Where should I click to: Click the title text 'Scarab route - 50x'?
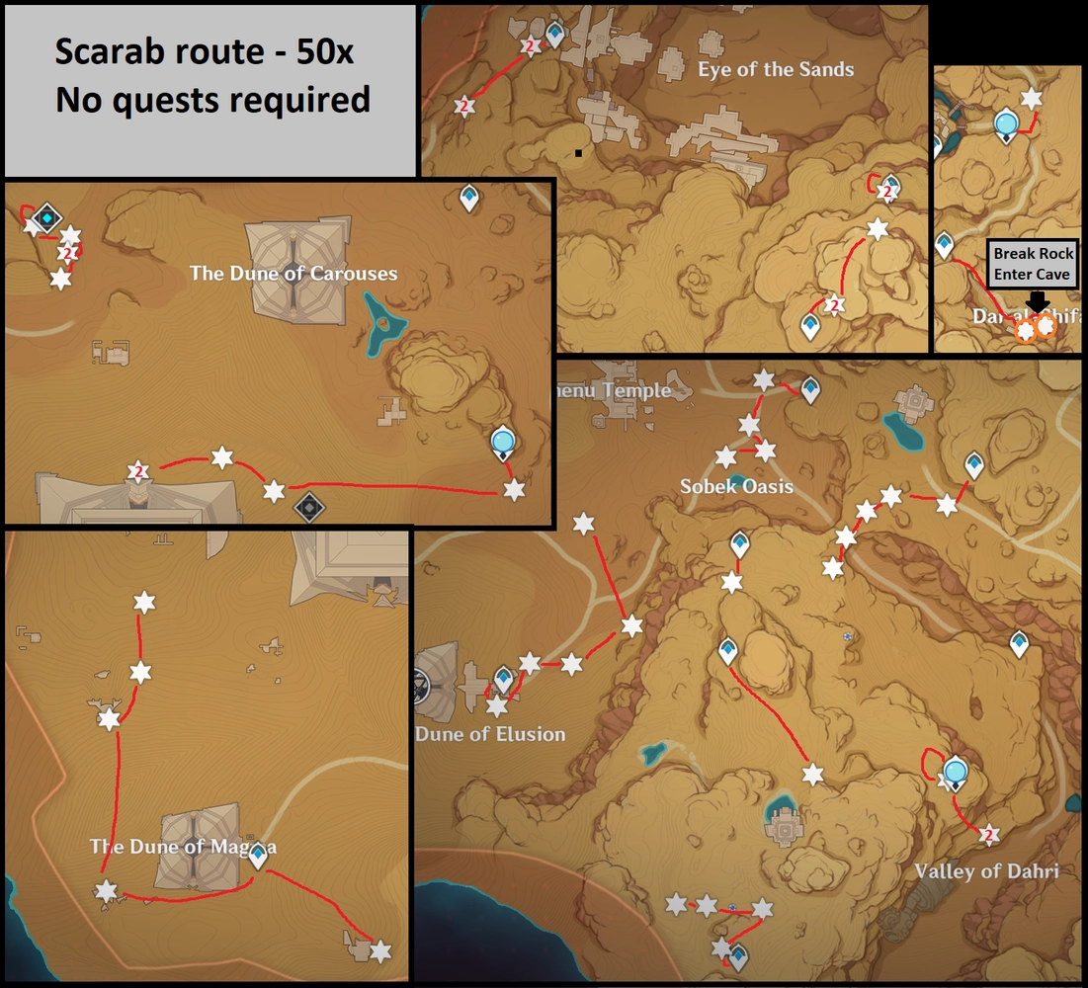pyautogui.click(x=204, y=52)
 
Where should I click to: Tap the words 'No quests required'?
pyautogui.click(x=212, y=99)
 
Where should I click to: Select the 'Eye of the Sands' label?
pyautogui.click(x=775, y=70)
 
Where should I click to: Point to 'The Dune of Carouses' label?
pyautogui.click(x=293, y=274)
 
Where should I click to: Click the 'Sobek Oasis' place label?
pyautogui.click(x=736, y=486)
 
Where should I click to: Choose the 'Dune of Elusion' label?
pyautogui.click(x=490, y=734)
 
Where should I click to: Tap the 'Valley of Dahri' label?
pyautogui.click(x=986, y=870)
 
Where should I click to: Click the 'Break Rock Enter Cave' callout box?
pyautogui.click(x=1033, y=264)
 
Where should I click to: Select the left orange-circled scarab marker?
pyautogui.click(x=1027, y=330)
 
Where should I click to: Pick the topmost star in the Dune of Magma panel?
pyautogui.click(x=144, y=602)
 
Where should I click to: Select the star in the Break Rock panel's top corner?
pyautogui.click(x=1032, y=99)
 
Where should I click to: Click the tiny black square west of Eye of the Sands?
pyautogui.click(x=577, y=153)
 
